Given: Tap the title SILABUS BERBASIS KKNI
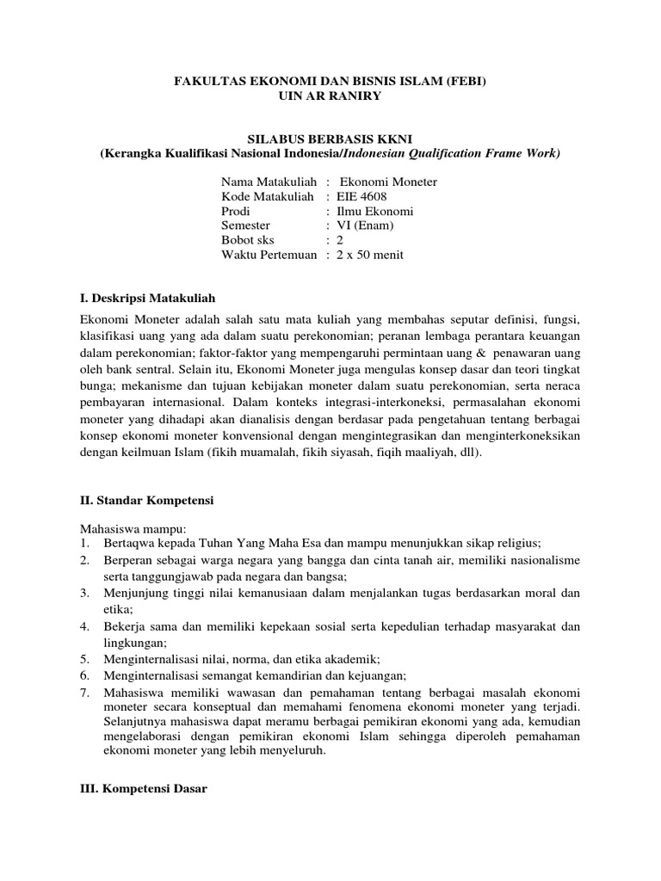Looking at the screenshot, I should tap(330, 139).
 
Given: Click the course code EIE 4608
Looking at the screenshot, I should tap(362, 197).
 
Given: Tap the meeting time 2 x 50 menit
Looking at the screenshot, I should tap(370, 256).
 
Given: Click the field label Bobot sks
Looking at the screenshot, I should tap(249, 241).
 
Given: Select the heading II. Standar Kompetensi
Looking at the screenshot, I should tap(146, 499).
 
